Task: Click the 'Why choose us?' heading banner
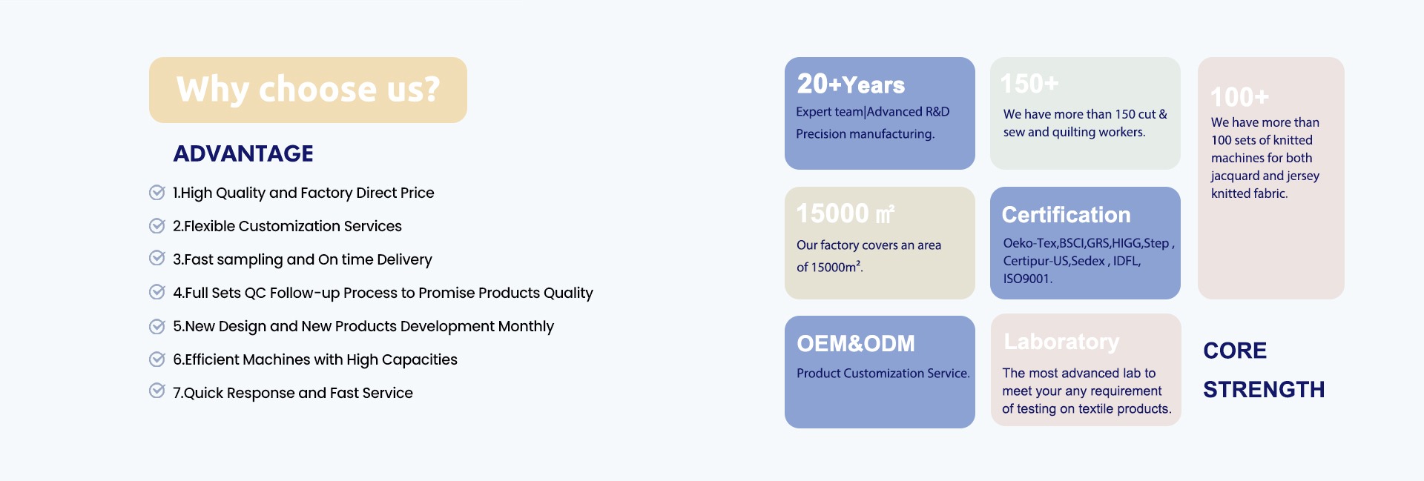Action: click(x=308, y=90)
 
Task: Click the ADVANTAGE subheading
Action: click(x=243, y=153)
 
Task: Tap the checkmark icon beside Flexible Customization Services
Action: click(x=157, y=225)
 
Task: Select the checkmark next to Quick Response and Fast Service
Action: click(x=157, y=391)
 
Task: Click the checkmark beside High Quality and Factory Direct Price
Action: click(x=157, y=192)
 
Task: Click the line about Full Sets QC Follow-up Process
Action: click(x=383, y=293)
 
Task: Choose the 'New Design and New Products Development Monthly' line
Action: click(x=363, y=326)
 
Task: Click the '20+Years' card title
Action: click(x=851, y=84)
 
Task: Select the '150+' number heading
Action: click(x=1029, y=84)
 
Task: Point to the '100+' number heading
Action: click(x=1239, y=97)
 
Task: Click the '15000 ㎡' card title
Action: click(x=845, y=213)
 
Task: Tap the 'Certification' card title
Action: click(x=1066, y=215)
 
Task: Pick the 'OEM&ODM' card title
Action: click(x=856, y=344)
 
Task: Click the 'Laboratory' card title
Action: click(x=1061, y=342)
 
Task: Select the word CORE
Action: click(x=1235, y=351)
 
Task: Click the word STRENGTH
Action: click(x=1264, y=389)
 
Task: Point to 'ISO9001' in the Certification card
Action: click(x=1027, y=279)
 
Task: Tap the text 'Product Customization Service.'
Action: click(x=883, y=374)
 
